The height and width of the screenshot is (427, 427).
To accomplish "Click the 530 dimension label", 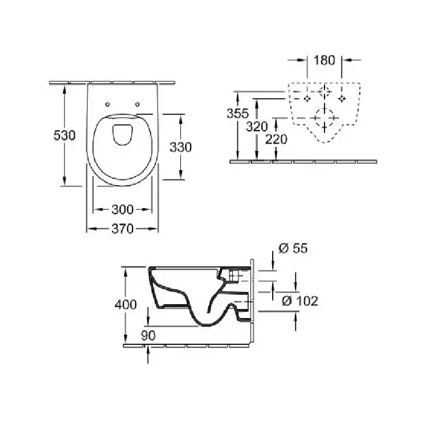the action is [65, 136].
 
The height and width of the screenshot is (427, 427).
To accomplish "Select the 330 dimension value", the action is [181, 147].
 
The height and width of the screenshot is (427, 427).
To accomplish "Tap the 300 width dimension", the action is [123, 209].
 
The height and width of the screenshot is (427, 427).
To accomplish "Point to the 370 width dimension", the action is [123, 229].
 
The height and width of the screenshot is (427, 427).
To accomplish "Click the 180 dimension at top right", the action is [325, 60].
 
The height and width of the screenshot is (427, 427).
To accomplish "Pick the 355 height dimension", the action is [238, 113].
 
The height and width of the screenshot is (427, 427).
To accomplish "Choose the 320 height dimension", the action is [257, 126].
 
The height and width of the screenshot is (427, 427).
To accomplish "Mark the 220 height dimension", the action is [276, 139].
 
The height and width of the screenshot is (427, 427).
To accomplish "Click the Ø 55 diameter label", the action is [293, 248].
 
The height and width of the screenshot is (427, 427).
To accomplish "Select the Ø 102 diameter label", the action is [300, 301].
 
